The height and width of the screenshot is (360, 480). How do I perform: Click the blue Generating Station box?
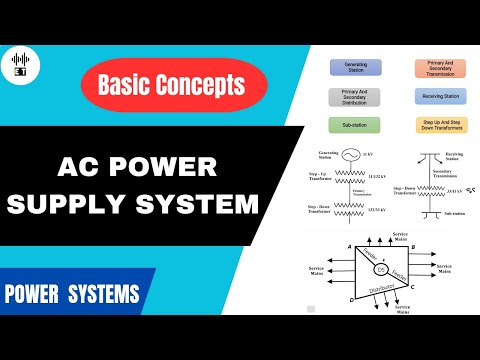pyautogui.click(x=355, y=67)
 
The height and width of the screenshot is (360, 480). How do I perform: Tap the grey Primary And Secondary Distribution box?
pyautogui.click(x=355, y=97)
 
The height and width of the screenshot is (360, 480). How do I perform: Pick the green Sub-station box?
pyautogui.click(x=355, y=126)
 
